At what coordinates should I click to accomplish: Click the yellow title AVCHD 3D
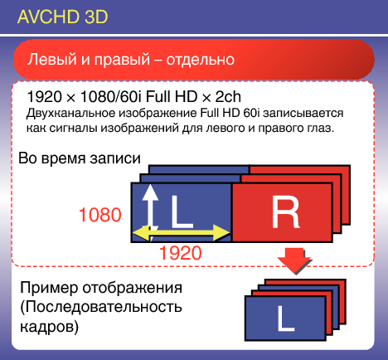[62, 17]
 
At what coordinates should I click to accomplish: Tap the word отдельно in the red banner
[201, 60]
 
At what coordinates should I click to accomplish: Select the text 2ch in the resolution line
[228, 97]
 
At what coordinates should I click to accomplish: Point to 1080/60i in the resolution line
[111, 97]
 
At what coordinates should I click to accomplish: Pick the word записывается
[303, 113]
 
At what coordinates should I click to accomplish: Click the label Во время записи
[80, 158]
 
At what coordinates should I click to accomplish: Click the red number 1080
[100, 215]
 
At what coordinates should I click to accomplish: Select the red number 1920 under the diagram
[181, 253]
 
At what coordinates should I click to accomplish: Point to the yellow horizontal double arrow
[182, 232]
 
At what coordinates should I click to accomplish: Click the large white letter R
[285, 212]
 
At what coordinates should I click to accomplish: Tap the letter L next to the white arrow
[181, 212]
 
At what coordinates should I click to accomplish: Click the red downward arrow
[294, 260]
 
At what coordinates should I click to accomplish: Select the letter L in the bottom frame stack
[286, 319]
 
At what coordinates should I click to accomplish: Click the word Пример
[49, 288]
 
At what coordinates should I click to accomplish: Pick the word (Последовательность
[101, 307]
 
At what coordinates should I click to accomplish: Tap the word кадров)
[50, 327]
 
